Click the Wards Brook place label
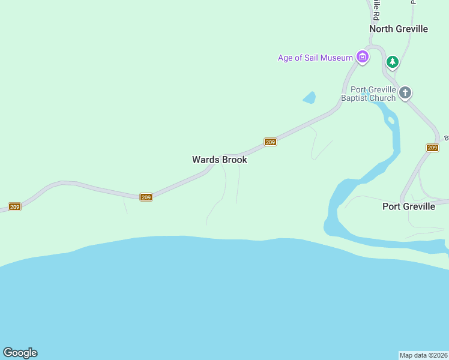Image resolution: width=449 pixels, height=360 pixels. pyautogui.click(x=220, y=160)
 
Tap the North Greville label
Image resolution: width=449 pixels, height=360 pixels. pyautogui.click(x=398, y=29)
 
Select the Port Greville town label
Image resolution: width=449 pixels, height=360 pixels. pyautogui.click(x=409, y=206)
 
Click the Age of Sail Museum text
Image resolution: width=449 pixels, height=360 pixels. pyautogui.click(x=315, y=58)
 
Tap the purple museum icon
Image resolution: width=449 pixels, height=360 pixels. pyautogui.click(x=362, y=58)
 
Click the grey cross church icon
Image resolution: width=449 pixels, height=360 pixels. pyautogui.click(x=405, y=92)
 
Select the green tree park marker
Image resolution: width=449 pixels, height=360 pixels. pyautogui.click(x=393, y=61)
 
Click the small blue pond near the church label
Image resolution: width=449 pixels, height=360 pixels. pyautogui.click(x=309, y=97)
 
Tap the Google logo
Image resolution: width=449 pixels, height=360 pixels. pyautogui.click(x=20, y=353)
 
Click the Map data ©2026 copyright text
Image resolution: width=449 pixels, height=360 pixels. pyautogui.click(x=423, y=355)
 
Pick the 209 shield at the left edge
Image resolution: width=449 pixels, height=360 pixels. pyautogui.click(x=14, y=207)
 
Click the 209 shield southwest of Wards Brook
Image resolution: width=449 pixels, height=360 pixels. pyautogui.click(x=146, y=197)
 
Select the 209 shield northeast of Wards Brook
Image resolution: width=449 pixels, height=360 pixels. pyautogui.click(x=270, y=142)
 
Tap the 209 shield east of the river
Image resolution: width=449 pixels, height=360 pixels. pyautogui.click(x=432, y=148)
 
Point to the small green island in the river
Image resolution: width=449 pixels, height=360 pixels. pyautogui.click(x=391, y=120)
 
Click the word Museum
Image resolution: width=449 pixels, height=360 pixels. pyautogui.click(x=336, y=58)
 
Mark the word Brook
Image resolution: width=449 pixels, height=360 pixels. pyautogui.click(x=235, y=160)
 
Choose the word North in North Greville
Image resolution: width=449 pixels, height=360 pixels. pyautogui.click(x=382, y=29)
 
